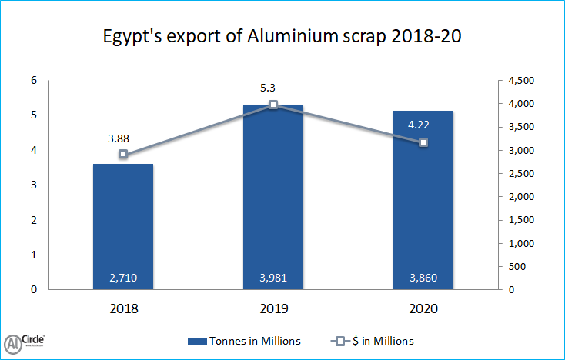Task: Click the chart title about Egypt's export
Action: click(x=282, y=37)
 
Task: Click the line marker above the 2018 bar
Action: click(x=123, y=154)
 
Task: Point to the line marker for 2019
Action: click(x=273, y=105)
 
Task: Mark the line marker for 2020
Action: click(x=423, y=142)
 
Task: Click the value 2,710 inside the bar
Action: click(x=123, y=278)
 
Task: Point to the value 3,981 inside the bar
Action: click(x=273, y=278)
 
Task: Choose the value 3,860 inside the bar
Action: click(x=423, y=278)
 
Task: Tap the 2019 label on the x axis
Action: click(x=273, y=309)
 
